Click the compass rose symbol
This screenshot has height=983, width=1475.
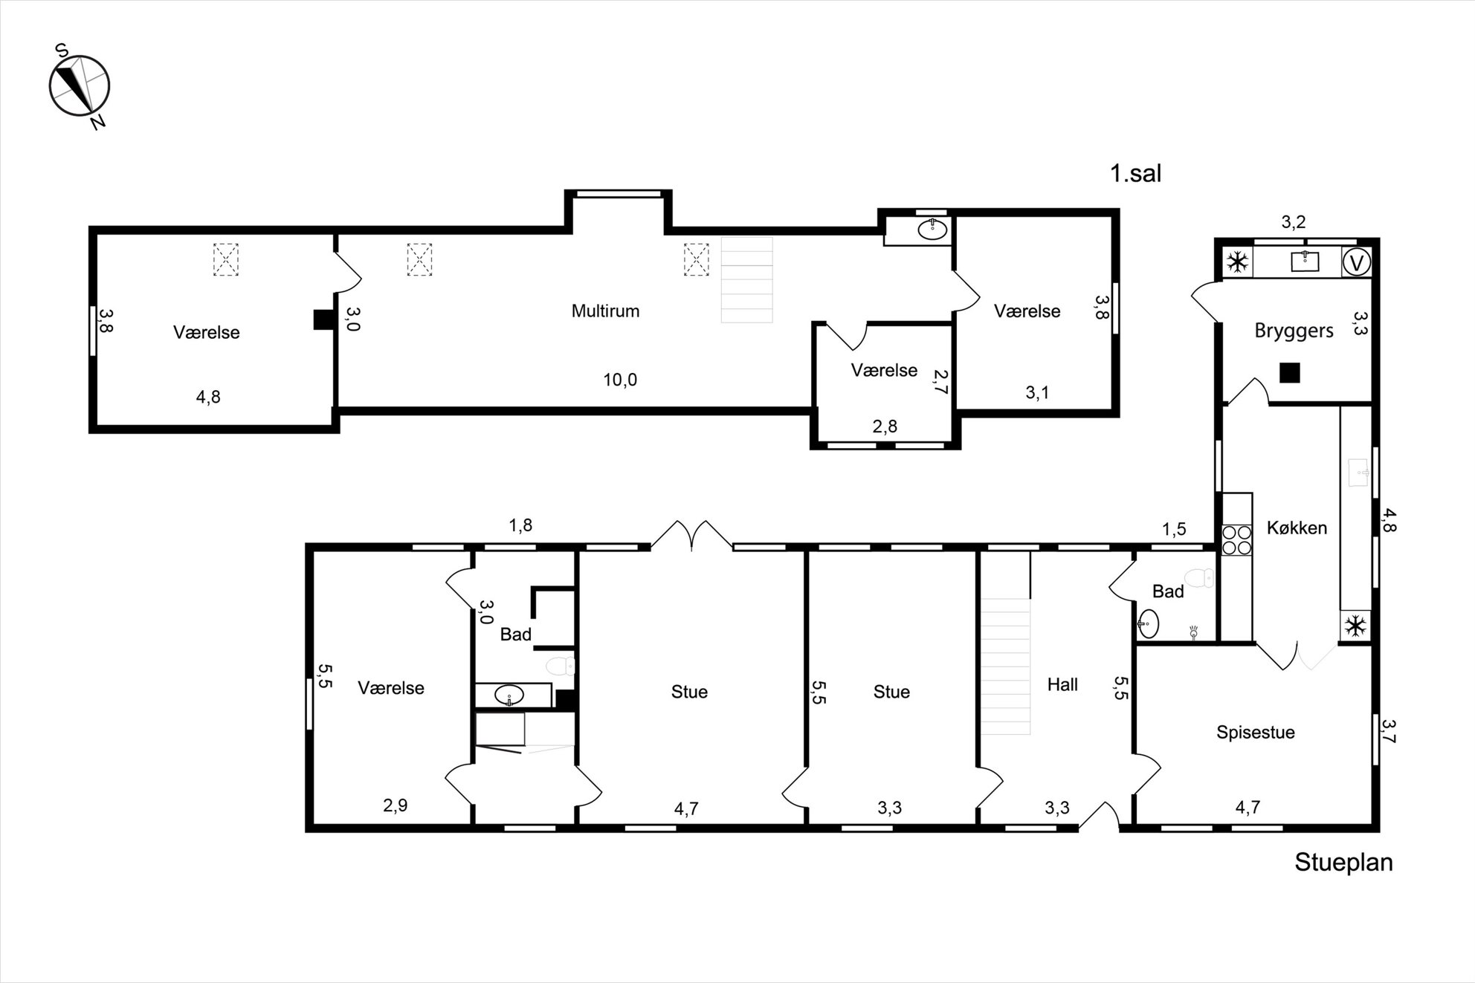pyautogui.click(x=80, y=85)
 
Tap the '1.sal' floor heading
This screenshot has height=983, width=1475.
pyautogui.click(x=1135, y=174)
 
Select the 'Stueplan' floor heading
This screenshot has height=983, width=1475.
pyautogui.click(x=1343, y=862)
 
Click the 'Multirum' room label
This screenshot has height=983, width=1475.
pyautogui.click(x=605, y=311)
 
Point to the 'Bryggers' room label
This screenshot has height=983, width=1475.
pyautogui.click(x=1294, y=331)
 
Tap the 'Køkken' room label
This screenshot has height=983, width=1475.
pyautogui.click(x=1297, y=528)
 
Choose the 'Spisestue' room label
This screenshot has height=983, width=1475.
pyautogui.click(x=1255, y=732)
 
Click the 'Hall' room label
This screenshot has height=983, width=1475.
pyautogui.click(x=1062, y=684)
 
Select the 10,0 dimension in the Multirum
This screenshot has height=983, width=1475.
pyautogui.click(x=619, y=380)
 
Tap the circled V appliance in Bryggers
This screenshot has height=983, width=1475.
pyautogui.click(x=1357, y=262)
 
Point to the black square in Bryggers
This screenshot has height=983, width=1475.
pyautogui.click(x=1290, y=372)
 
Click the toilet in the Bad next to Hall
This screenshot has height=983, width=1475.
pyautogui.click(x=1198, y=577)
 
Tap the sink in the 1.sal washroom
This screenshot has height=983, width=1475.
pyautogui.click(x=932, y=229)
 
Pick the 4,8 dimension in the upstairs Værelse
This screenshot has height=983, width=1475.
pyautogui.click(x=208, y=397)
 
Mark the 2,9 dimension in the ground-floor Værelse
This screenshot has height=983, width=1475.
pyautogui.click(x=395, y=805)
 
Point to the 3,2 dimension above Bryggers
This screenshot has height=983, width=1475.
pyautogui.click(x=1294, y=221)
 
